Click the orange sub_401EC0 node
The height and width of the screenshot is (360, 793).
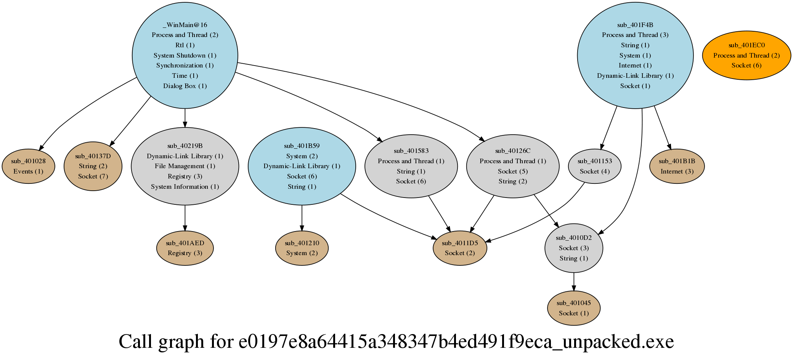[x=746, y=55]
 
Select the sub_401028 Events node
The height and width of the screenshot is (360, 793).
[x=28, y=166]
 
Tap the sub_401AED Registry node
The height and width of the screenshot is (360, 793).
[x=185, y=248]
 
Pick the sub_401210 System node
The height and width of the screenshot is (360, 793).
[x=302, y=248]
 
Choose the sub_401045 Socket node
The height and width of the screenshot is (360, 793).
[x=573, y=308]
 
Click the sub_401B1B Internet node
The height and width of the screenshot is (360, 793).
[x=677, y=166]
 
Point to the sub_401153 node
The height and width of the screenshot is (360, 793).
[x=594, y=166]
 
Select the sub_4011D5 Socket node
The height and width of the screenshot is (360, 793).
[x=460, y=248]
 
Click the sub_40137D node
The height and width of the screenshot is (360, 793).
[x=93, y=166]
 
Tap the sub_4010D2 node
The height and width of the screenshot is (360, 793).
[x=573, y=248]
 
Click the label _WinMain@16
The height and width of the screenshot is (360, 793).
[x=185, y=25]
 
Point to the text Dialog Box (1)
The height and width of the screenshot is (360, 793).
[x=185, y=86]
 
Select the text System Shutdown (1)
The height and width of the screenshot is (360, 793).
[x=185, y=55]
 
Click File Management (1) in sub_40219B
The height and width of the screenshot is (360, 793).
[x=185, y=166]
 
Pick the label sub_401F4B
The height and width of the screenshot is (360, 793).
[x=635, y=25]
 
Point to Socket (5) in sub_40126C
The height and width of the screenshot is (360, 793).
[x=512, y=171]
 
